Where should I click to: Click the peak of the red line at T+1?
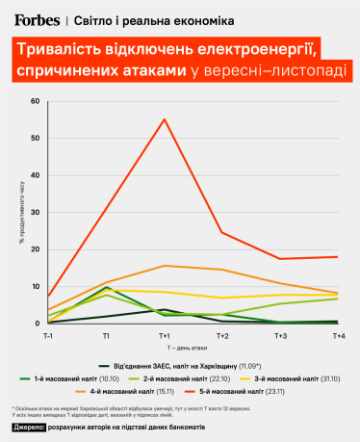[x=165, y=119]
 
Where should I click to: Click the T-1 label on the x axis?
[x=47, y=334]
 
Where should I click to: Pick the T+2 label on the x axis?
[x=222, y=334]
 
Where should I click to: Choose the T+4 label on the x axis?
[x=338, y=334]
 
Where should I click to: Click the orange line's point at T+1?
[x=165, y=266]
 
